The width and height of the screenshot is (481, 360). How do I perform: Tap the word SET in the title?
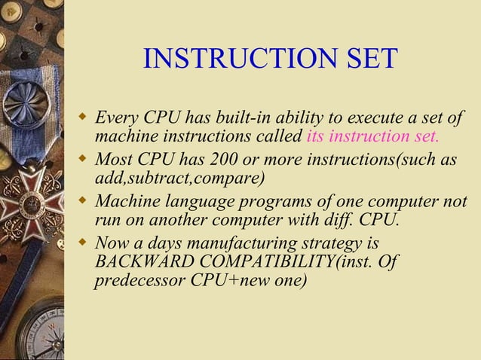pyautogui.click(x=369, y=59)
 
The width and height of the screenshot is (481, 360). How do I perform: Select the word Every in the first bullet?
pyautogui.click(x=118, y=119)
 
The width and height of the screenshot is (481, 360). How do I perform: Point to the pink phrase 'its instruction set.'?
pyautogui.click(x=372, y=138)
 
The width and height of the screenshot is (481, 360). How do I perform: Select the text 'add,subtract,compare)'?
pyautogui.click(x=179, y=179)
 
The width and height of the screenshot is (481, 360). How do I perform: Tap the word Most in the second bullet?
pyautogui.click(x=114, y=160)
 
